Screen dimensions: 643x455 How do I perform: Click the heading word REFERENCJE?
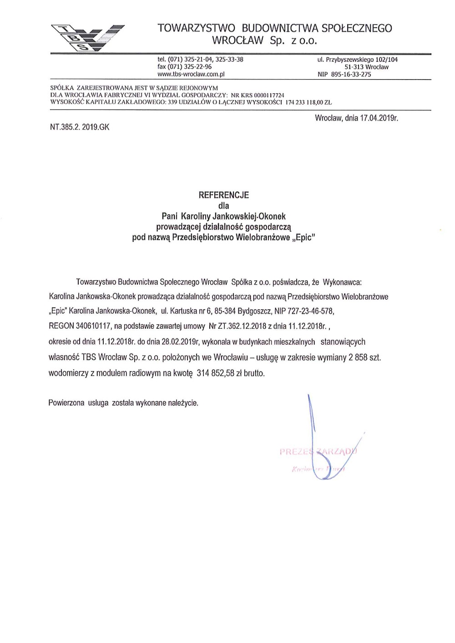point(224,195)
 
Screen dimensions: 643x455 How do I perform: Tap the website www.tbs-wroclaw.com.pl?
point(192,74)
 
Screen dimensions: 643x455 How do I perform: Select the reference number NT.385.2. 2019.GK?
point(80,127)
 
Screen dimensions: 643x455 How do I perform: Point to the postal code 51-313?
point(354,67)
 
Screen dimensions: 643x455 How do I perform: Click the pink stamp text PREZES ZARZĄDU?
point(318,452)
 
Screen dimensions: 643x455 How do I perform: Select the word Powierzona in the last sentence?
point(66,403)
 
